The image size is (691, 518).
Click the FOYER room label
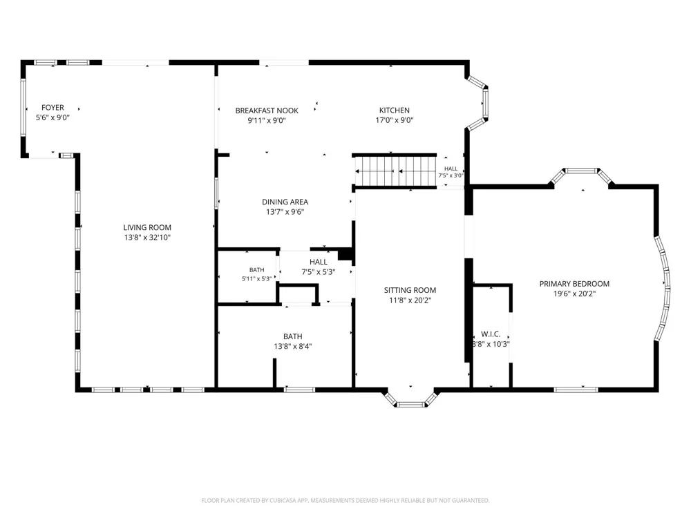[53, 108]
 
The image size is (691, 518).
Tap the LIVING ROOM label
[147, 227]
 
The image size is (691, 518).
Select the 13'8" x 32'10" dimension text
[147, 238]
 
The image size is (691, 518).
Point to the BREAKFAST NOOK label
[267, 111]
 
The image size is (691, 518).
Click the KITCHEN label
[395, 110]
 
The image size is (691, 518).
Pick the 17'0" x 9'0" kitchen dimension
[395, 120]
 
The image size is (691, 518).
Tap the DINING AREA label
[285, 202]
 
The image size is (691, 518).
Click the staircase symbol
[395, 171]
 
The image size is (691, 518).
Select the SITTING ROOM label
[410, 290]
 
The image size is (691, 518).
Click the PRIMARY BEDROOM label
[574, 284]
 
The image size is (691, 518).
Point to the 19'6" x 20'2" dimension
[574, 294]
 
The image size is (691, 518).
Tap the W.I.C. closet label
[491, 334]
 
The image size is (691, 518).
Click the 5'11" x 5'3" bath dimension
[256, 279]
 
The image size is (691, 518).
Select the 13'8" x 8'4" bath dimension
[292, 346]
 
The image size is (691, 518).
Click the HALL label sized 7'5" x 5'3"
[318, 262]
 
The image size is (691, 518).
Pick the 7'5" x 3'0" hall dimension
[451, 175]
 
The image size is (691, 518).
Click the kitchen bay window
[478, 103]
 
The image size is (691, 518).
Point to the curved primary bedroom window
[663, 289]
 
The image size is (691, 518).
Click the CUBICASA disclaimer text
[345, 500]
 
